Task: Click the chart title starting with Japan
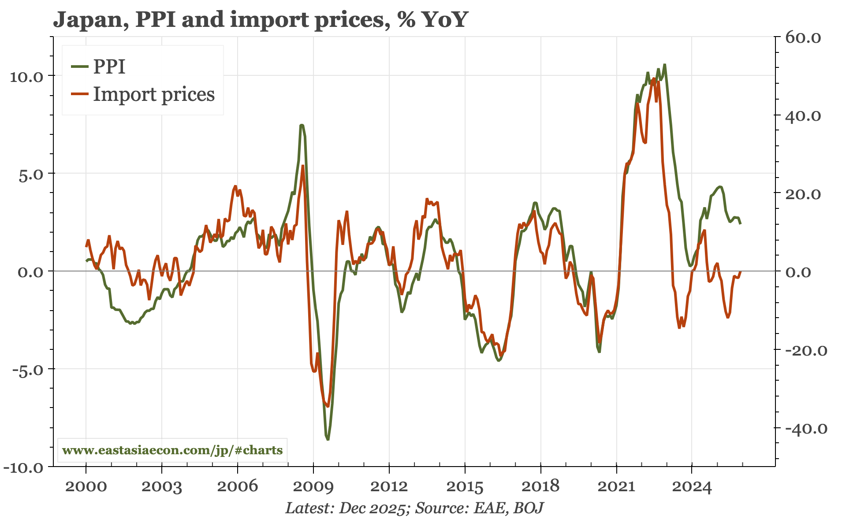click(x=260, y=20)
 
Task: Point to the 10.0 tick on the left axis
click(x=26, y=77)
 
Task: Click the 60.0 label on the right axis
click(x=803, y=38)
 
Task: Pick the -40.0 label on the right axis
click(x=803, y=429)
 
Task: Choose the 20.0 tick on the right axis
click(x=803, y=194)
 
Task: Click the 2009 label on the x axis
click(x=313, y=486)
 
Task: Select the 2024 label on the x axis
click(x=692, y=486)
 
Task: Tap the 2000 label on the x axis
click(x=86, y=486)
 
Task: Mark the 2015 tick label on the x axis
click(x=465, y=486)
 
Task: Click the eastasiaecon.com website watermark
click(x=172, y=450)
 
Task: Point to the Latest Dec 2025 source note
click(x=414, y=508)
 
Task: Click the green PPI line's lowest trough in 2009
click(x=328, y=439)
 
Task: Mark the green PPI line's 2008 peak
click(x=302, y=125)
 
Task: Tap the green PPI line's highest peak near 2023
click(x=664, y=65)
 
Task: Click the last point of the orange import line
click(x=741, y=272)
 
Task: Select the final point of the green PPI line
click(x=741, y=224)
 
